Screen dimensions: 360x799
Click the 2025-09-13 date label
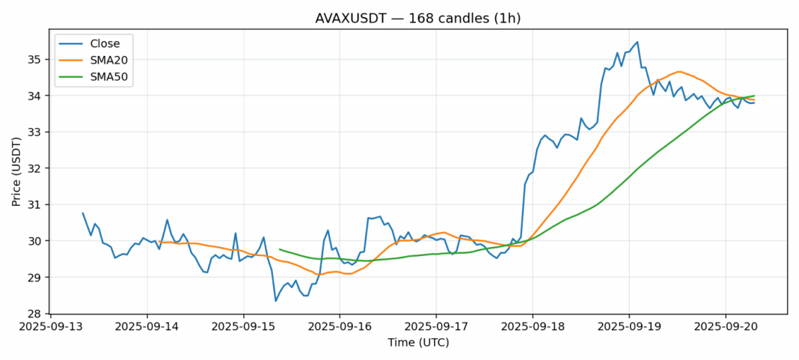[x=50, y=327]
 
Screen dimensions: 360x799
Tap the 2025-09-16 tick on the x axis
[x=340, y=327]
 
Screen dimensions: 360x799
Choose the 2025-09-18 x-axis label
[x=533, y=327]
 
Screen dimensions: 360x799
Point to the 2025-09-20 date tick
[x=726, y=327]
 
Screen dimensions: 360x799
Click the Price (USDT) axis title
[x=16, y=171]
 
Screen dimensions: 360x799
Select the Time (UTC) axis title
[x=418, y=343]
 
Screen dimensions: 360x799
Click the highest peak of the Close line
[x=637, y=42]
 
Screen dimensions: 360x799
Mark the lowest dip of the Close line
[x=276, y=301]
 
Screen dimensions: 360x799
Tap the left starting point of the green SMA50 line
[x=280, y=249]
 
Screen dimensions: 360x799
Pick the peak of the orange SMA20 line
[x=679, y=72]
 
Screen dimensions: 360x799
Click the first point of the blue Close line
[x=83, y=213]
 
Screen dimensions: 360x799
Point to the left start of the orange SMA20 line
[x=159, y=242]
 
